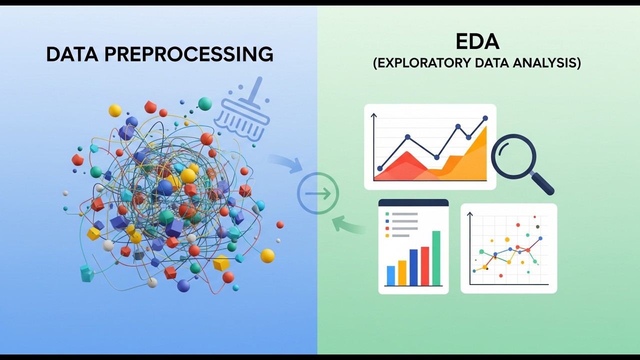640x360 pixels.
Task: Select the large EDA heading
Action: click(477, 42)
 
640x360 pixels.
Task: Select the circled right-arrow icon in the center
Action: click(318, 193)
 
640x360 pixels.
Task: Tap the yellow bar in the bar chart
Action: click(402, 272)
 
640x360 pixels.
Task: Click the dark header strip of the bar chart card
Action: click(413, 202)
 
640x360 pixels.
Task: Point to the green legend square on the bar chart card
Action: click(387, 214)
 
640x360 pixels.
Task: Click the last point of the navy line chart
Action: click(485, 118)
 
